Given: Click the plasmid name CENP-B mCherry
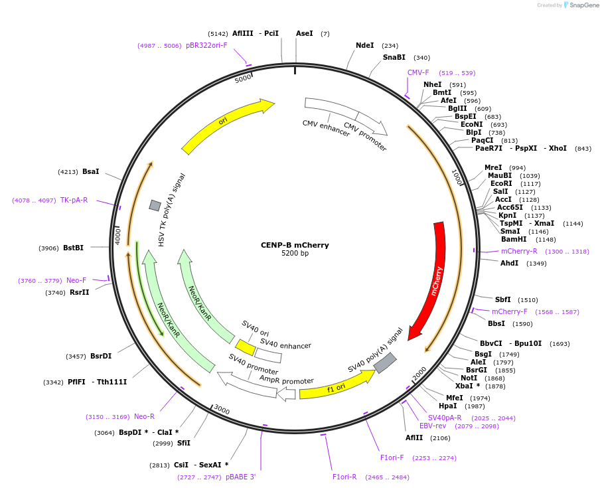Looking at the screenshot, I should pyautogui.click(x=295, y=245).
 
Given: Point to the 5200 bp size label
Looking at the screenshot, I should pyautogui.click(x=295, y=254).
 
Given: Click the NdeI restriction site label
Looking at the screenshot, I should pyautogui.click(x=365, y=46).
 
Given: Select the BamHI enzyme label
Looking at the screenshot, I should pyautogui.click(x=514, y=239).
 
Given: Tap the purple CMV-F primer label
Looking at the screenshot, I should pyautogui.click(x=418, y=72).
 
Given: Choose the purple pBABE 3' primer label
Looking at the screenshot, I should pyautogui.click(x=240, y=477).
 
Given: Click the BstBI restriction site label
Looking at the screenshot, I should pyautogui.click(x=73, y=248).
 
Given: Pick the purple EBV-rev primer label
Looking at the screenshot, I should pyautogui.click(x=433, y=426).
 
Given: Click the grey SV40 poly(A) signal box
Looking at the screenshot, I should pyautogui.click(x=385, y=363).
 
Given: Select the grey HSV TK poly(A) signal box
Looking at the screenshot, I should pyautogui.click(x=155, y=205).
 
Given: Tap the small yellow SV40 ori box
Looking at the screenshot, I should pyautogui.click(x=246, y=347).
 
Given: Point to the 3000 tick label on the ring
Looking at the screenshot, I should pyautogui.click(x=222, y=410).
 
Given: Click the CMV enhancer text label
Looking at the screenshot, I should pyautogui.click(x=326, y=128).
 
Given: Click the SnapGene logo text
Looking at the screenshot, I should pyautogui.click(x=581, y=5).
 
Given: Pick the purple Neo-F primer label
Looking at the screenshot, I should pyautogui.click(x=76, y=280).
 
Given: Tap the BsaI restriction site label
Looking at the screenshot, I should pyautogui.click(x=90, y=171).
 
